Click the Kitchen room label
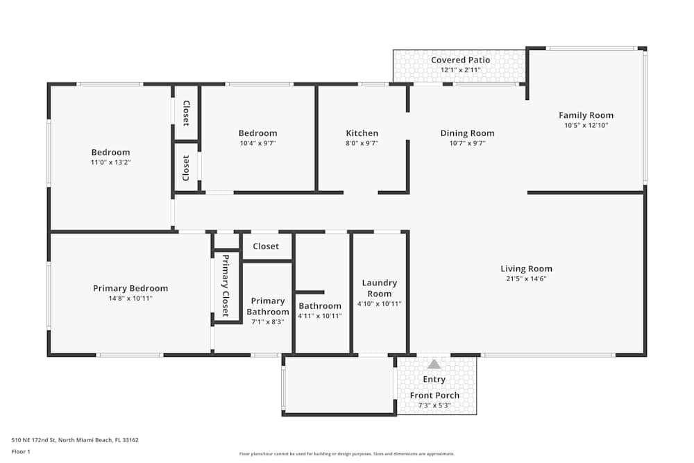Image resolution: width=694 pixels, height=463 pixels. (x=362, y=133)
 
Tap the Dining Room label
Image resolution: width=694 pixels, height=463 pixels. (x=467, y=133)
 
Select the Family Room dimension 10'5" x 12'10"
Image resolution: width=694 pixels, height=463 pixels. (x=586, y=125)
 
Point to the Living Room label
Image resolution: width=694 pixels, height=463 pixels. (x=526, y=269)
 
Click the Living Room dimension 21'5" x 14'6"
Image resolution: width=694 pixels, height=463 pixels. (x=526, y=279)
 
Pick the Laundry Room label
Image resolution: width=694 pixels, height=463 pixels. (x=380, y=288)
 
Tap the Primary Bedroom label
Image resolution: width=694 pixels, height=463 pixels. (x=130, y=289)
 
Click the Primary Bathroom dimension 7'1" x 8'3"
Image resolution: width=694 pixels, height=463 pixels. (x=268, y=322)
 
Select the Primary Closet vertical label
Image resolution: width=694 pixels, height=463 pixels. (x=226, y=285)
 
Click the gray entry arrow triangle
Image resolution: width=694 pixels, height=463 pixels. (x=434, y=364)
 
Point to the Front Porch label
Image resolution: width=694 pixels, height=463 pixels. (x=434, y=395)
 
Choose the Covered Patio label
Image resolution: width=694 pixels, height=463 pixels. (x=461, y=60)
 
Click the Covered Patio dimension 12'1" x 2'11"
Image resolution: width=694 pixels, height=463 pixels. (x=461, y=70)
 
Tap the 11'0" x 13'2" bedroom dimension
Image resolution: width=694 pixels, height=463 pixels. (x=110, y=162)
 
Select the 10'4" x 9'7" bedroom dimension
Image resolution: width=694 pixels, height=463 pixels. (x=258, y=144)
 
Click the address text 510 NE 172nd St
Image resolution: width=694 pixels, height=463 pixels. (x=33, y=440)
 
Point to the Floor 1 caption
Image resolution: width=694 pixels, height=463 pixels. (x=21, y=451)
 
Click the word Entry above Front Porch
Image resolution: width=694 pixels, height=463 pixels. (x=434, y=379)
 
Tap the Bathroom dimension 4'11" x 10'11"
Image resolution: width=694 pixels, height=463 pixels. (x=320, y=316)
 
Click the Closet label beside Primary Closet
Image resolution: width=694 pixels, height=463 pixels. (x=266, y=246)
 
